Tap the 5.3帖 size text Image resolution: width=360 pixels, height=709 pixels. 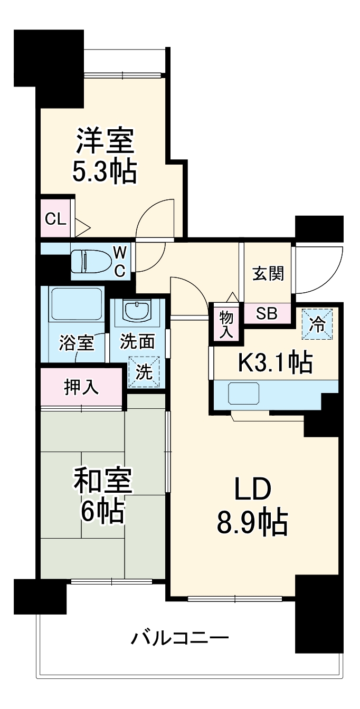coord(105,171)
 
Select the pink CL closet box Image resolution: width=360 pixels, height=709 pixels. coord(55,218)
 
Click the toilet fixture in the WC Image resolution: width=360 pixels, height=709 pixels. coord(91,261)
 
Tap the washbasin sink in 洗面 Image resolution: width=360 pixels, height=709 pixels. coord(137,311)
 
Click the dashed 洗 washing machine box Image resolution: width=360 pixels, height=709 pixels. coord(144,372)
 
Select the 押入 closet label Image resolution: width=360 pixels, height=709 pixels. coord(81,387)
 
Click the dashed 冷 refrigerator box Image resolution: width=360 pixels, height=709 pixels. coord(318,324)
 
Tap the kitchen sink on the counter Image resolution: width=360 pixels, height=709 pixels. coord(243,393)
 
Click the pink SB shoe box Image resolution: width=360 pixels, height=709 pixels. coord(267,314)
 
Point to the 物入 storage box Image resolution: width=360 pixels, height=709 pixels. coord(226,323)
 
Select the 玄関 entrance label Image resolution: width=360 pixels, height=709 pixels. coord(268,273)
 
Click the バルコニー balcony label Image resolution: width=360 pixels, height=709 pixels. coord(179,638)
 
